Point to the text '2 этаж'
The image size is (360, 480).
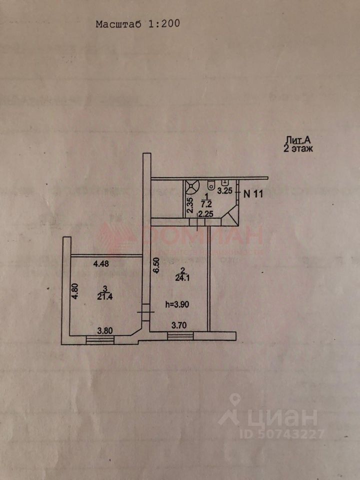point(297,148)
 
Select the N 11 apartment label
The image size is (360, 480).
point(253,194)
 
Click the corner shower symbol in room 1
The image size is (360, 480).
point(192,186)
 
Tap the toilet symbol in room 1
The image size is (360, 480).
point(212,184)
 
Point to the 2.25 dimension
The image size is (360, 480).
point(205,214)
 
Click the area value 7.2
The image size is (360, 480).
point(205,204)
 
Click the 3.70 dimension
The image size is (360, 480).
point(180,325)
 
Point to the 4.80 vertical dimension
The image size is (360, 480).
point(74,291)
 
